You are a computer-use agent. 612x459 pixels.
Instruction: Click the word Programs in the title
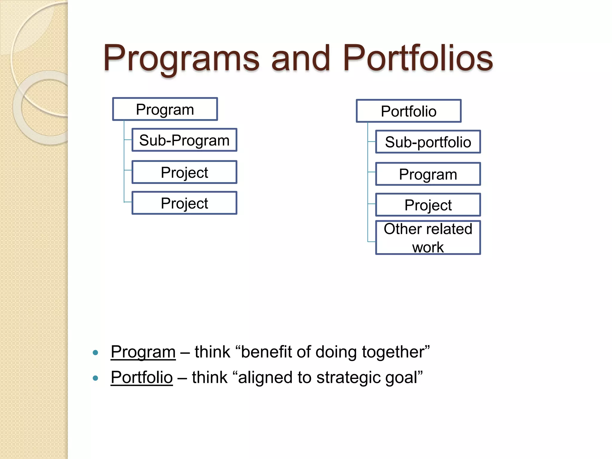[181, 59]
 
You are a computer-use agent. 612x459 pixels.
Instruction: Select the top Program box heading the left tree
[165, 109]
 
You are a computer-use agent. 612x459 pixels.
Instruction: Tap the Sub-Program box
[184, 140]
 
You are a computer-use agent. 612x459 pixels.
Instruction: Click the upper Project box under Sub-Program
[184, 172]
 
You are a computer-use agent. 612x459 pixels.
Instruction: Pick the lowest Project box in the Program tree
[184, 203]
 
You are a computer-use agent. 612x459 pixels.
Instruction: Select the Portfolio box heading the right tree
[408, 111]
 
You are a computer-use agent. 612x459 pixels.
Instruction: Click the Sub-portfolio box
[428, 142]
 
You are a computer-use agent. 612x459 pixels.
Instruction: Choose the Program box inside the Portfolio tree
[428, 174]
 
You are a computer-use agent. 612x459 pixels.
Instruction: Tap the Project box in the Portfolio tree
[428, 205]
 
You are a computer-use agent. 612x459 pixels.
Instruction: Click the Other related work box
[428, 238]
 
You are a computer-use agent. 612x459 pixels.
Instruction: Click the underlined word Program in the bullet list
[143, 352]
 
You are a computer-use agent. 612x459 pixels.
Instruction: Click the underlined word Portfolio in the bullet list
[142, 377]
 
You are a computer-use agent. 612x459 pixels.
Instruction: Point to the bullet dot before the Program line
[96, 353]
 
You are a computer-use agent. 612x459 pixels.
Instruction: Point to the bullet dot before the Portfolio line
[96, 378]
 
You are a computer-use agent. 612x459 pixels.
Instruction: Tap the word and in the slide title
[301, 59]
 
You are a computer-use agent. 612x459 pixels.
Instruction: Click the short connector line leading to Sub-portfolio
[371, 142]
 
